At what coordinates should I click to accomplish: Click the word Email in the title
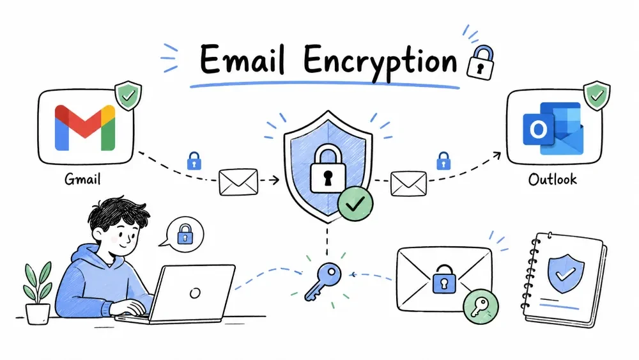242,60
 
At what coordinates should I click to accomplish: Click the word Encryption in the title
380,63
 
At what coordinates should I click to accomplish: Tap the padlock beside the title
481,62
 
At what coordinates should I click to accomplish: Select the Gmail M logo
85,128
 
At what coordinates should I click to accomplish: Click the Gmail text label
82,179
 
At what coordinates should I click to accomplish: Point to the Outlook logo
553,129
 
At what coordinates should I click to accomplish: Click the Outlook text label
552,179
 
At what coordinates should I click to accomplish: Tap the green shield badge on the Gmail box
128,95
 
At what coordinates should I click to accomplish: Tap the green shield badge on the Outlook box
597,95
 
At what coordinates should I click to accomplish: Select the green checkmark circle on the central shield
355,203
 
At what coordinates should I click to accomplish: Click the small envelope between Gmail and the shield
238,182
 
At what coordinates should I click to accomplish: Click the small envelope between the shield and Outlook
408,184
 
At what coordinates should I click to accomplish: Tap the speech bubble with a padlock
183,234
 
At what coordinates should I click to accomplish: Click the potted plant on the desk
38,293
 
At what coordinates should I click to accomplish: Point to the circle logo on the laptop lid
195,293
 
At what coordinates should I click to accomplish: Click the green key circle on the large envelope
481,306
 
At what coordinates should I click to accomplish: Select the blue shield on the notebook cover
566,274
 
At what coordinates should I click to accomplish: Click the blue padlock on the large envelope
444,279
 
